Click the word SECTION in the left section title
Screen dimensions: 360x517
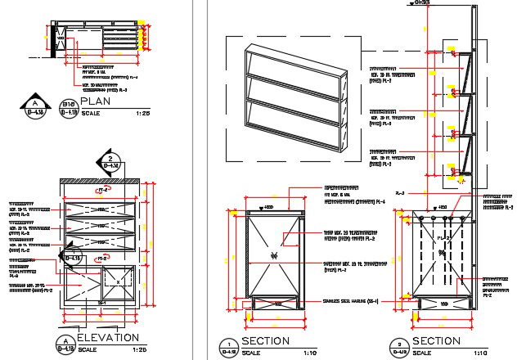click(x=266, y=340)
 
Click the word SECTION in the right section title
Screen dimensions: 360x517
click(x=437, y=340)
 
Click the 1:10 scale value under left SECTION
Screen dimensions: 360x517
click(x=312, y=353)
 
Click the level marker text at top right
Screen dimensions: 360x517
click(x=422, y=3)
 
